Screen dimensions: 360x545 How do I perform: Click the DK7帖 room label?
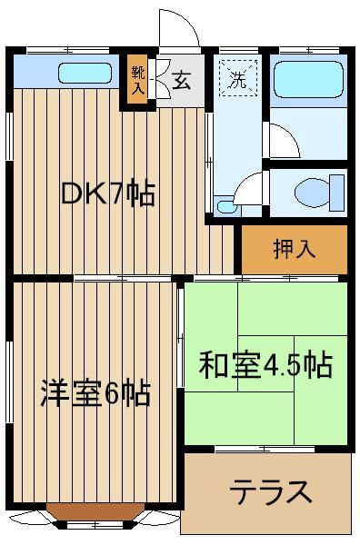[107, 193]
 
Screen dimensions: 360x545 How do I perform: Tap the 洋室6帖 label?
[95, 393]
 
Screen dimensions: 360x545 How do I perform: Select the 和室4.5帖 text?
[265, 364]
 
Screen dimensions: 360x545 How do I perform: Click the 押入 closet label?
[295, 249]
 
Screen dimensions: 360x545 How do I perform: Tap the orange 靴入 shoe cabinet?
[138, 80]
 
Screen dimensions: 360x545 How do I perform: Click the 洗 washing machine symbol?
[238, 78]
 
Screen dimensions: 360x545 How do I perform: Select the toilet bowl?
[312, 193]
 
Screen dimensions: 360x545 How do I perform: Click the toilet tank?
[336, 193]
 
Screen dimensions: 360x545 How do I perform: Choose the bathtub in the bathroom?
[308, 79]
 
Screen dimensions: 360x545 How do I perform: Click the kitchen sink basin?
[85, 73]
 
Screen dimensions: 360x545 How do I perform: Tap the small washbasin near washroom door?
[225, 207]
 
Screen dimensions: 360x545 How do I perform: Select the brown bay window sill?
[95, 510]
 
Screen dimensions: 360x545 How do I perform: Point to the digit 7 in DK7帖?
[117, 193]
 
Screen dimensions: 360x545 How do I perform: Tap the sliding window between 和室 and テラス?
[265, 449]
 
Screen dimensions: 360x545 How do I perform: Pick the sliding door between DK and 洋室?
[123, 278]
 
